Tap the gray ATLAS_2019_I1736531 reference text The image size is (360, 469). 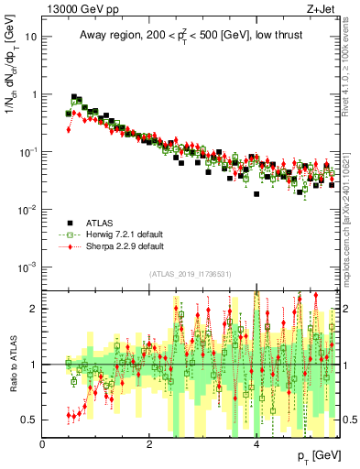190,274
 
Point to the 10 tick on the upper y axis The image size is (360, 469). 32,38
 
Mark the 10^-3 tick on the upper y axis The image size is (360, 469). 29,267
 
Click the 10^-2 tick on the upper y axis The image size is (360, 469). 29,210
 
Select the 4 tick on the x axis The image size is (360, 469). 256,443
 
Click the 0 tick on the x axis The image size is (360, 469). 43,443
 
